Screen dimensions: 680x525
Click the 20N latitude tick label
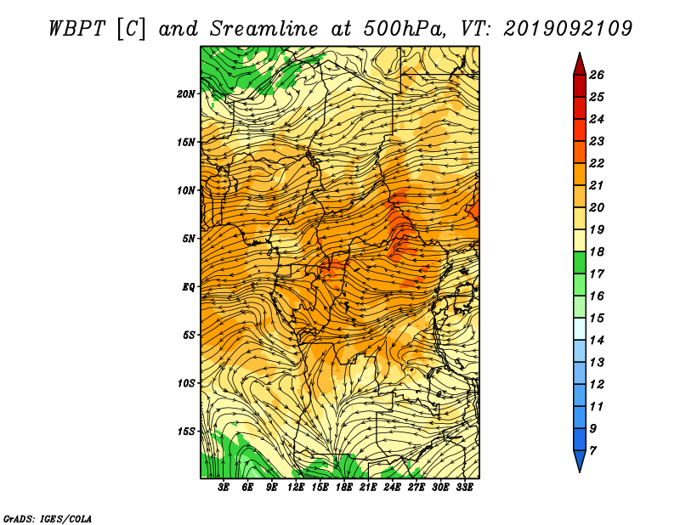pyautogui.click(x=186, y=93)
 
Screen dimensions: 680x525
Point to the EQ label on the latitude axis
pyautogui.click(x=188, y=286)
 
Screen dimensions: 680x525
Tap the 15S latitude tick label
pyautogui.click(x=186, y=432)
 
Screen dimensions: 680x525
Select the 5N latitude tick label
pyautogui.click(x=189, y=239)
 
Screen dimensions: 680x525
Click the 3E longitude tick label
pyautogui.click(x=223, y=487)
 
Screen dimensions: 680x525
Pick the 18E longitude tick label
pyautogui.click(x=343, y=487)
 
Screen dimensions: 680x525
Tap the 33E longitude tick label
pyautogui.click(x=464, y=487)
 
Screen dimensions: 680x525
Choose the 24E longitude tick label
pyautogui.click(x=392, y=487)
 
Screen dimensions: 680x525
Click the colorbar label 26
pyautogui.click(x=597, y=75)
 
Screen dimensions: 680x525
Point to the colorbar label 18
pyautogui.click(x=597, y=251)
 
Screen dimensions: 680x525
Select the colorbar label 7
pyautogui.click(x=592, y=451)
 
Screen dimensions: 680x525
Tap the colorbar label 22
pyautogui.click(x=597, y=163)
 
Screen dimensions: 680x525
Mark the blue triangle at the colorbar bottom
pyautogui.click(x=580, y=460)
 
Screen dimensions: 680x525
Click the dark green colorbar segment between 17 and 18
pyautogui.click(x=580, y=262)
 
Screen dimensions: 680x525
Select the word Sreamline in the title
pyautogui.click(x=264, y=29)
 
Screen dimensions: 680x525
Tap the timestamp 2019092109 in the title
pyautogui.click(x=568, y=29)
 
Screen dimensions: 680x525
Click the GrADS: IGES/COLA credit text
pyautogui.click(x=48, y=519)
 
